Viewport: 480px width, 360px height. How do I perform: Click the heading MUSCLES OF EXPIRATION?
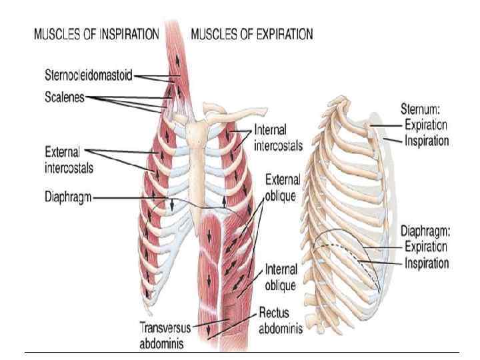click(252, 33)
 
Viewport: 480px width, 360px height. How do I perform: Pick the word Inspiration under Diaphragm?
click(427, 263)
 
